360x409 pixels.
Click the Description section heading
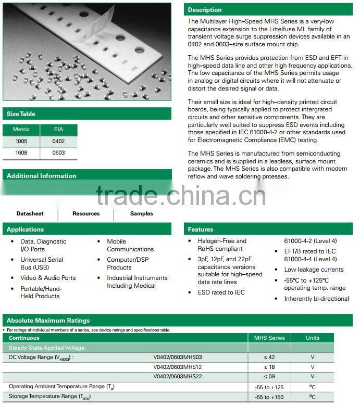205,10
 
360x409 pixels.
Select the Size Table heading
21,114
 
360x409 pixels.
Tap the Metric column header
21,129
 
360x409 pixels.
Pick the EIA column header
58,129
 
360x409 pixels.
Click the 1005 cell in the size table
21,141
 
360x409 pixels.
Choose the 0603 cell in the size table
58,153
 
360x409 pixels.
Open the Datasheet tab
30,214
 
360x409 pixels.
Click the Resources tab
86,214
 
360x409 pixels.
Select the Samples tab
142,214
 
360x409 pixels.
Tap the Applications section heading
25,229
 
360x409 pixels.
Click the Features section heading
201,229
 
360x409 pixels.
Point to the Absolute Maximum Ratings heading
48,321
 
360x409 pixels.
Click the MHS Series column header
269,338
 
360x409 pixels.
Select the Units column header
313,338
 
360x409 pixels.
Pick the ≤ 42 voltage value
269,357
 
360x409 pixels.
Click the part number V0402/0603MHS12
177,367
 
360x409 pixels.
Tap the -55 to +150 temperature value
269,397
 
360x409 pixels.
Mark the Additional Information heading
41,176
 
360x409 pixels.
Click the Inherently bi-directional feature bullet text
316,299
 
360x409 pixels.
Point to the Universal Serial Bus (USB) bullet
42,263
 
